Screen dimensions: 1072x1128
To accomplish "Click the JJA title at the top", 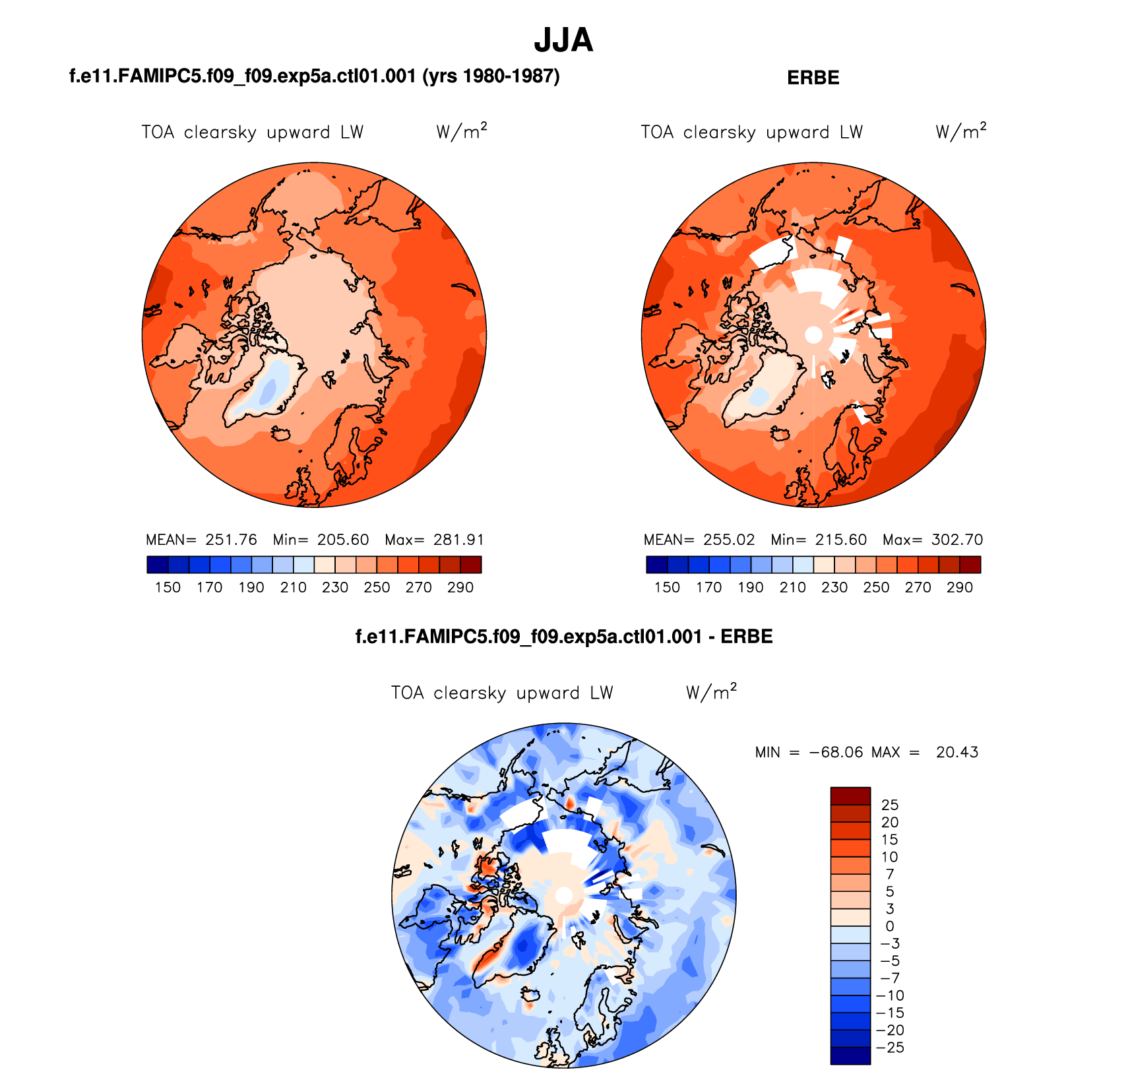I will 563,40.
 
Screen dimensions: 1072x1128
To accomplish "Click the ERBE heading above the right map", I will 813,78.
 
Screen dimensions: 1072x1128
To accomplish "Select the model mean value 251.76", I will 231,540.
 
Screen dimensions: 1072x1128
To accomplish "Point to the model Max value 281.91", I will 458,540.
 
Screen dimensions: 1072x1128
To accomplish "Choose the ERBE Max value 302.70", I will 956,540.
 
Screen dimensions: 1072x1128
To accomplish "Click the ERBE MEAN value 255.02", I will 728,540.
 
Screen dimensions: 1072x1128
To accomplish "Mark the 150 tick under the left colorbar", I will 168,587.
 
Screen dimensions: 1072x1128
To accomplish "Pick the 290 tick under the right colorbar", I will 959,587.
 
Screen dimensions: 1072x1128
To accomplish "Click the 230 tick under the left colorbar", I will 335,587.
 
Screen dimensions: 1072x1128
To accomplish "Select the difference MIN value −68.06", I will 836,752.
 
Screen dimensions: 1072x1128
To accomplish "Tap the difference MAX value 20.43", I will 956,752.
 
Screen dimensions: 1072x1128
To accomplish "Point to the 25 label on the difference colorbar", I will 890,805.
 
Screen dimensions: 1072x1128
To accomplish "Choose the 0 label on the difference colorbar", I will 890,926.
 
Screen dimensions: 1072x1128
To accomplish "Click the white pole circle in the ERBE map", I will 814,335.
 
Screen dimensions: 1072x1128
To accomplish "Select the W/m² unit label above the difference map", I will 711,692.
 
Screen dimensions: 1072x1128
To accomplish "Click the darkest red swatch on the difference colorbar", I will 850,796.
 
